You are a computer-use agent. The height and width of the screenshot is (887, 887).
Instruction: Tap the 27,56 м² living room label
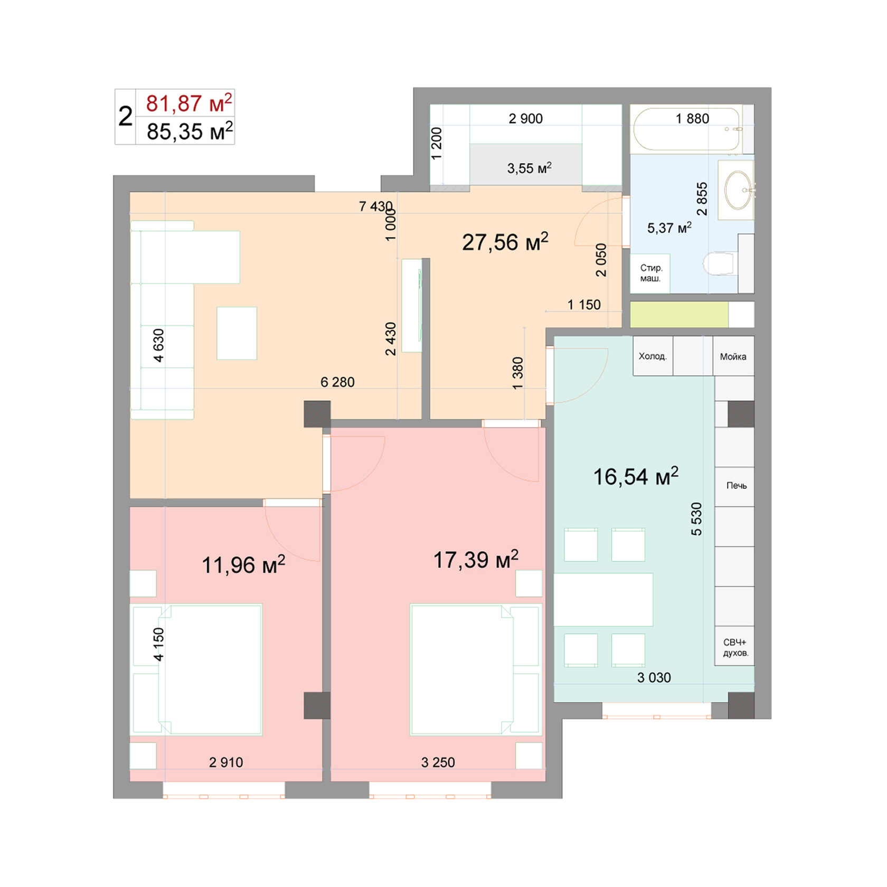point(505,242)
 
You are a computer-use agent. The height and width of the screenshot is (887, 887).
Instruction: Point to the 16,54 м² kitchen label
point(635,477)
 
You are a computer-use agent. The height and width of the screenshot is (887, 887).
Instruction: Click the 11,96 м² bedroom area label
point(243,565)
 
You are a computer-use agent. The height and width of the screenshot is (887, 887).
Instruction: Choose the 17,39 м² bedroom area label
point(475,560)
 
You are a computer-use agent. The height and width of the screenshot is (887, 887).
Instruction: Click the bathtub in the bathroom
point(687,130)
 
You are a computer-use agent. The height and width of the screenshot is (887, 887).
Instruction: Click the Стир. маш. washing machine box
point(650,273)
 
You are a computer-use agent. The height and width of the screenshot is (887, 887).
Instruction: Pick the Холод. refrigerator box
point(653,356)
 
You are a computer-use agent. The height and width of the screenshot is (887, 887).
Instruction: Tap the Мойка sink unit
point(733,356)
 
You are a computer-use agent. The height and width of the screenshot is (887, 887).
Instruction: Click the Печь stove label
point(735,486)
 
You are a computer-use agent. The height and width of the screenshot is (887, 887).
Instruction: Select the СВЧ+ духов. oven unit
point(735,647)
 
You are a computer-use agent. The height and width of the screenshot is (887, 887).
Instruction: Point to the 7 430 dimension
point(375,206)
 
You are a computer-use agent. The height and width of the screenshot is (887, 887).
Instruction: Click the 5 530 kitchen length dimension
point(696,519)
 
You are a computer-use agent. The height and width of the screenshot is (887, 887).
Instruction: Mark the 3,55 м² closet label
point(529,168)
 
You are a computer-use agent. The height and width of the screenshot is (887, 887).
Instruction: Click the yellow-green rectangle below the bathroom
point(679,315)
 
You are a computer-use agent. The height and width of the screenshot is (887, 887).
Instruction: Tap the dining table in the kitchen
point(603,599)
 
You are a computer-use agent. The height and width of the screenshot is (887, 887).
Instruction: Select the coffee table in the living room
point(237,333)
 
